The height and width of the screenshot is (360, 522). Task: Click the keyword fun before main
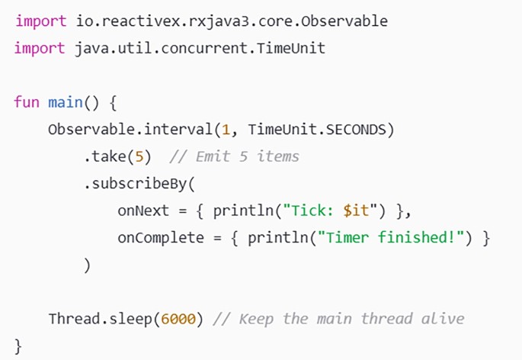point(27,101)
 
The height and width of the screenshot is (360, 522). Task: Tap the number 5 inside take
point(139,156)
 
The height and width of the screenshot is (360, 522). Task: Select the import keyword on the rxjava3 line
point(40,21)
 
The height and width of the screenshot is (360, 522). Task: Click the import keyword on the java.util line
point(40,48)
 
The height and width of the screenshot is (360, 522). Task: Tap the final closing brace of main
point(18,346)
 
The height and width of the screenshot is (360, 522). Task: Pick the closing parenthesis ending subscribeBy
point(88,265)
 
